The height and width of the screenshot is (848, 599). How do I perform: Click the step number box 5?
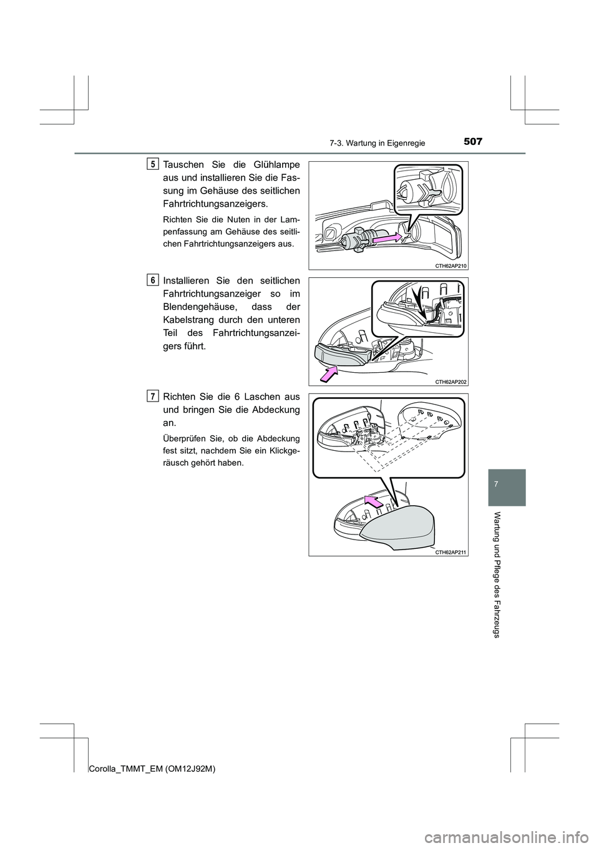pos(153,164)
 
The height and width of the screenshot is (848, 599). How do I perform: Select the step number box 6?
pos(153,280)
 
